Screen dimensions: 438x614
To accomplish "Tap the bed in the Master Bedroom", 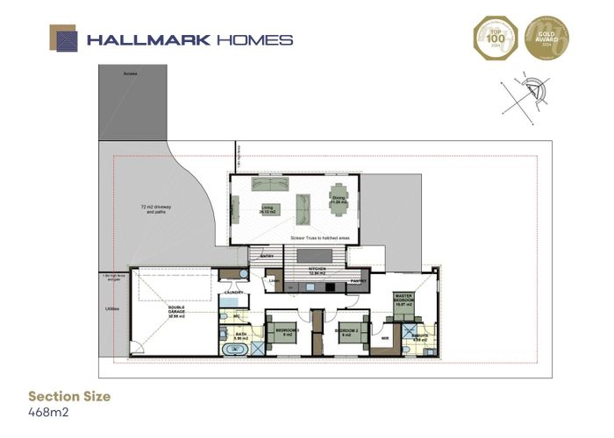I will (403, 306).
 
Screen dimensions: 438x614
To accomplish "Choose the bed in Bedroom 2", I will (346, 333).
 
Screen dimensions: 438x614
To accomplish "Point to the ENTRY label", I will (268, 256).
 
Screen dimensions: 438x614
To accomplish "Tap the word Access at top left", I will (132, 74).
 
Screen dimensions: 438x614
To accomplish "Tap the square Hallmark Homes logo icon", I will (65, 39).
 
